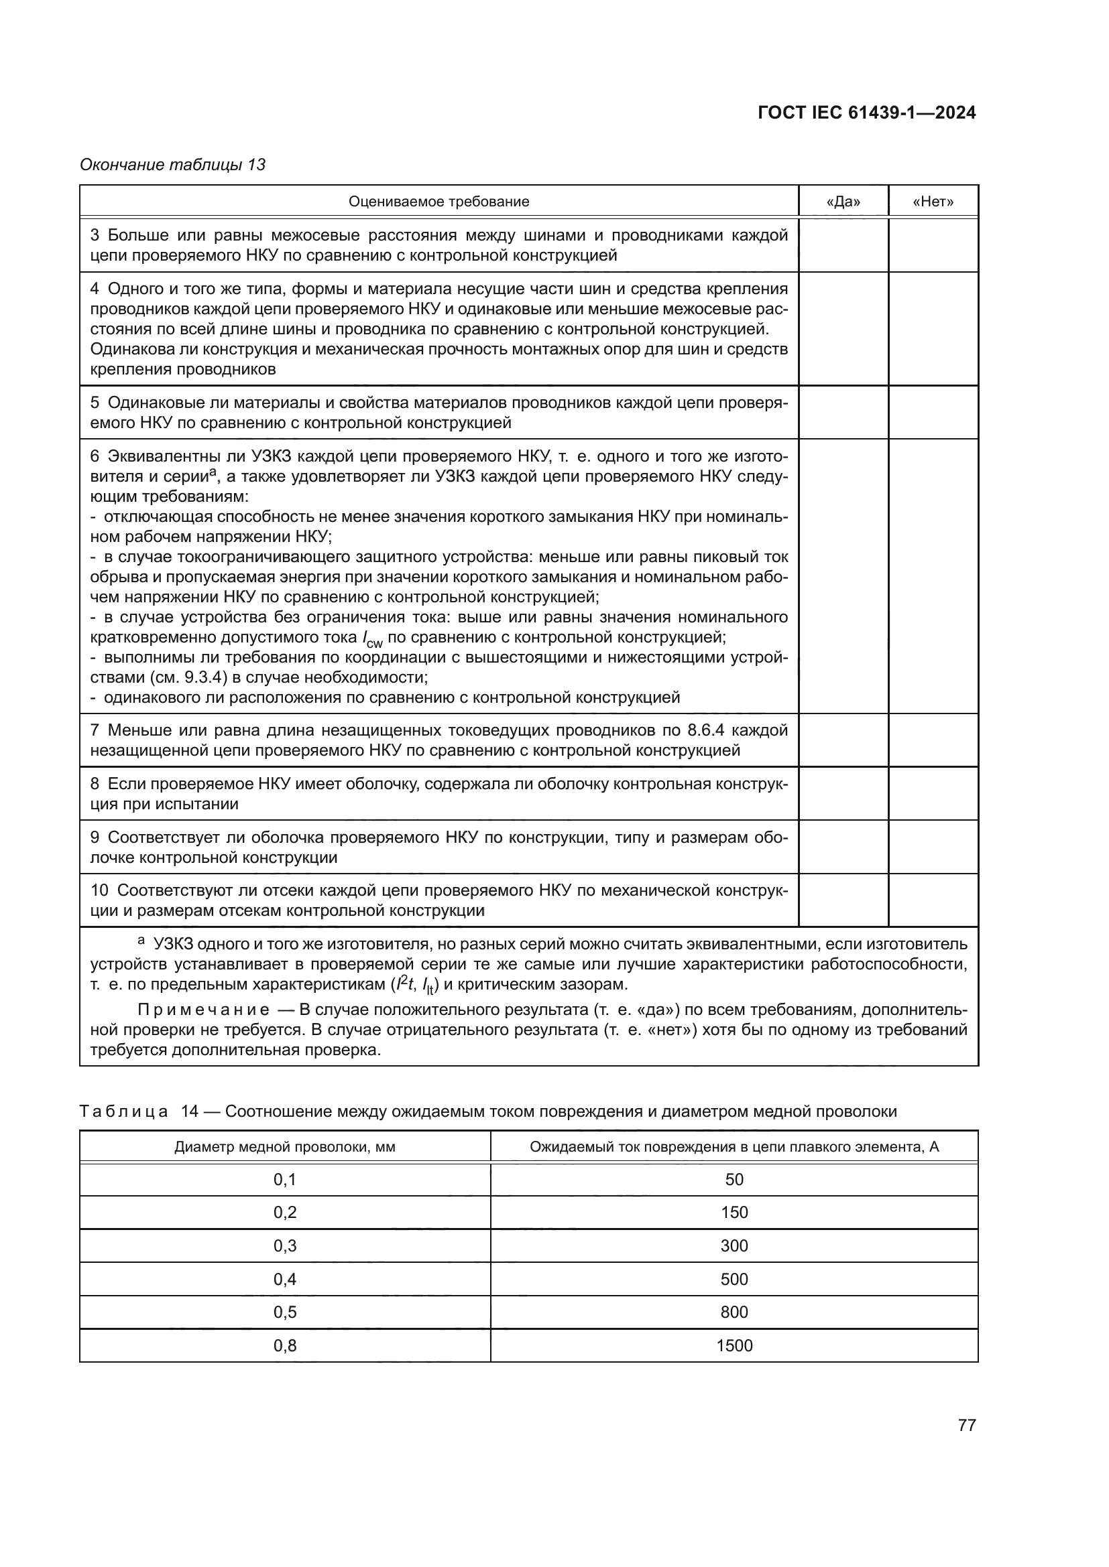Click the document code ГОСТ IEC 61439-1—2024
pyautogui.click(x=866, y=113)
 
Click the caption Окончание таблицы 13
pyautogui.click(x=172, y=165)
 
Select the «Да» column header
pyautogui.click(x=843, y=202)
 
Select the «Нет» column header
pyautogui.click(x=933, y=202)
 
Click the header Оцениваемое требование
pyautogui.click(x=439, y=202)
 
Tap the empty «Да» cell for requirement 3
pyautogui.click(x=843, y=245)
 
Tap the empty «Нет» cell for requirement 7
pyautogui.click(x=933, y=740)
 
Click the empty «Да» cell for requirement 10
pyautogui.click(x=843, y=900)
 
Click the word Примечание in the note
pyautogui.click(x=202, y=1010)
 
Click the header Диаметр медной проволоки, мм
pyautogui.click(x=285, y=1146)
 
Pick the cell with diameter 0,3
pyautogui.click(x=285, y=1245)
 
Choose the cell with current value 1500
pyautogui.click(x=734, y=1345)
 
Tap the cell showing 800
pyautogui.click(x=734, y=1312)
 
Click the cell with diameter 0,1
pyautogui.click(x=285, y=1179)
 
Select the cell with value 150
pyautogui.click(x=734, y=1212)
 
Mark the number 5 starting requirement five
pyautogui.click(x=95, y=403)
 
